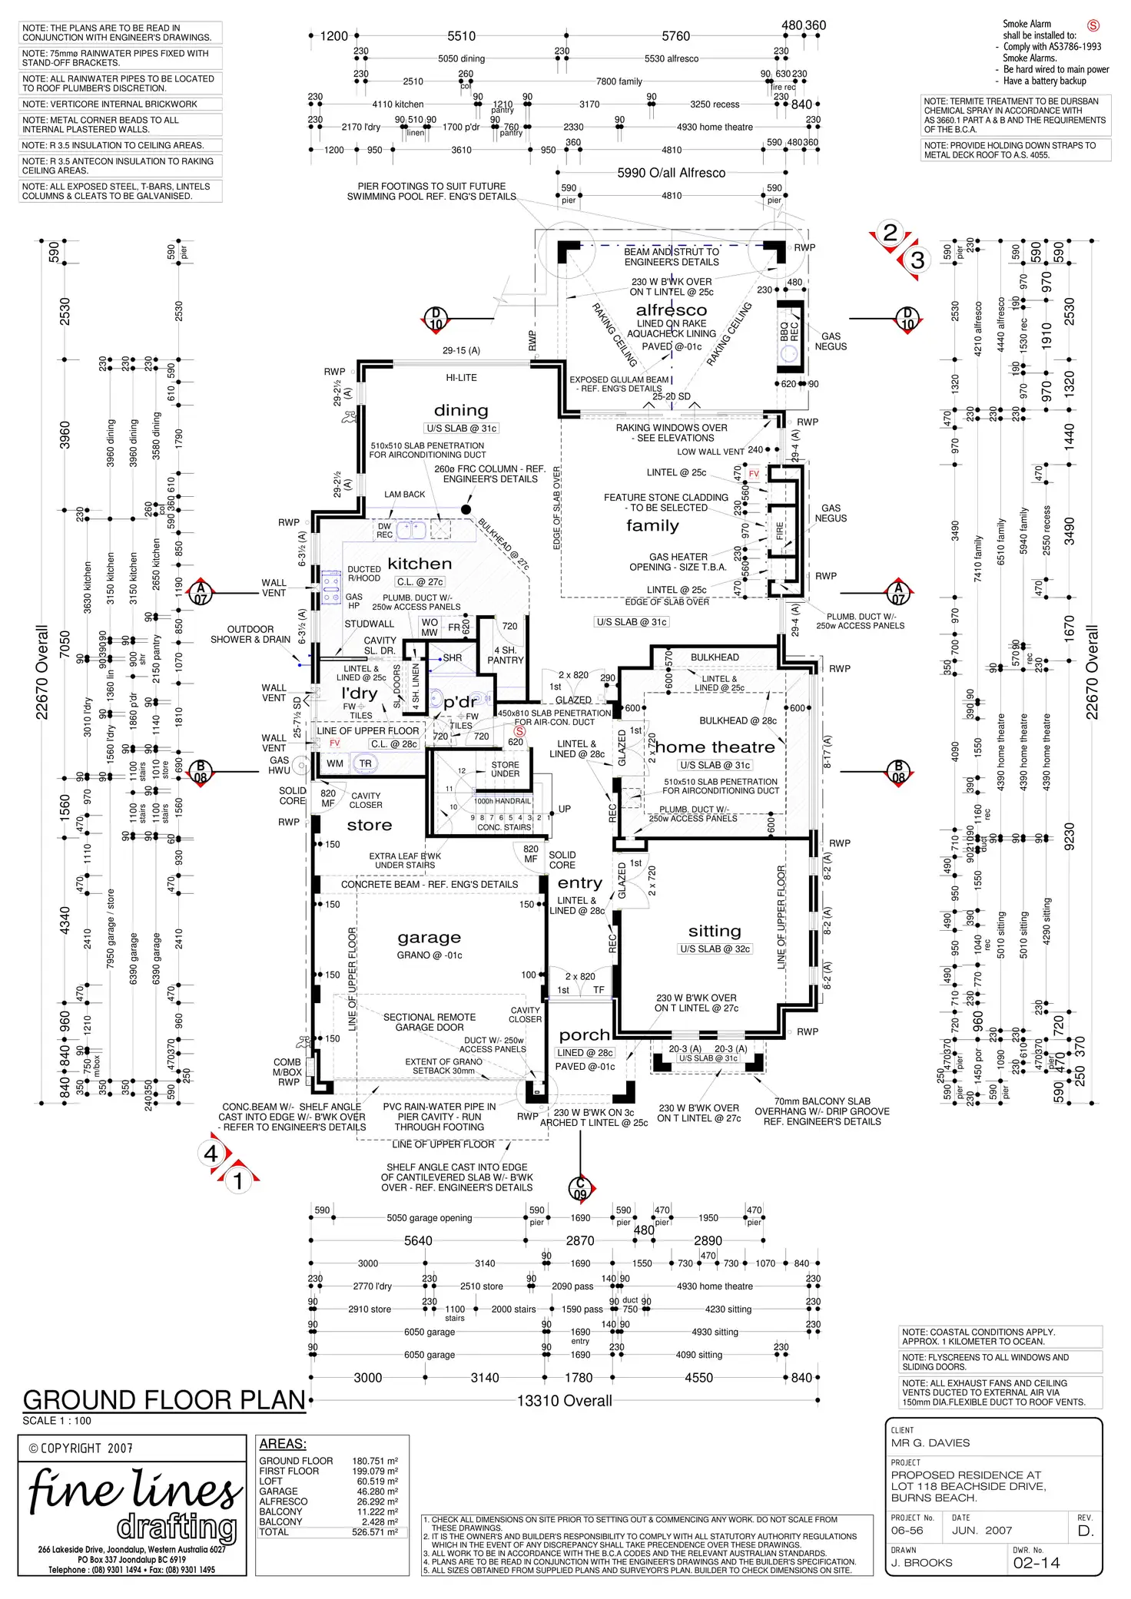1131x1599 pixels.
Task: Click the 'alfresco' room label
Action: (x=671, y=310)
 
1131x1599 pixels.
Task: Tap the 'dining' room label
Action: (x=461, y=410)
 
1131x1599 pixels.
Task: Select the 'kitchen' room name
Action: (x=420, y=563)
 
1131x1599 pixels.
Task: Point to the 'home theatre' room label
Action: (x=715, y=747)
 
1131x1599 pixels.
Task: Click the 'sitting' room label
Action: (x=715, y=931)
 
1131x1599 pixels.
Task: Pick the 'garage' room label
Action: (x=429, y=937)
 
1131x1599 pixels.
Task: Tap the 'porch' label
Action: (x=584, y=1035)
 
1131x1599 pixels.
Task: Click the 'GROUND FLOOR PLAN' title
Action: (x=164, y=1400)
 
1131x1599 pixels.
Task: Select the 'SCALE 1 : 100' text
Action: (x=57, y=1421)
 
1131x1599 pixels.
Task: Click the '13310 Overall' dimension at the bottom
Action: (x=564, y=1401)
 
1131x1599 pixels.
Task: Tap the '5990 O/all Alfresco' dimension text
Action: (x=671, y=173)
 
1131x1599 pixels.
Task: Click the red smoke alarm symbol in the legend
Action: (x=1093, y=25)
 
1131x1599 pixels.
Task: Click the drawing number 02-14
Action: (x=1036, y=1563)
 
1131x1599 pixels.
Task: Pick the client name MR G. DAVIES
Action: (x=930, y=1443)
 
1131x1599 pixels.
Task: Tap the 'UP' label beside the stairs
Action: (x=565, y=809)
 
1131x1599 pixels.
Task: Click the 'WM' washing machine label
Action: (x=335, y=763)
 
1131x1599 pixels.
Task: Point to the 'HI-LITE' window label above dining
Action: (x=461, y=378)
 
